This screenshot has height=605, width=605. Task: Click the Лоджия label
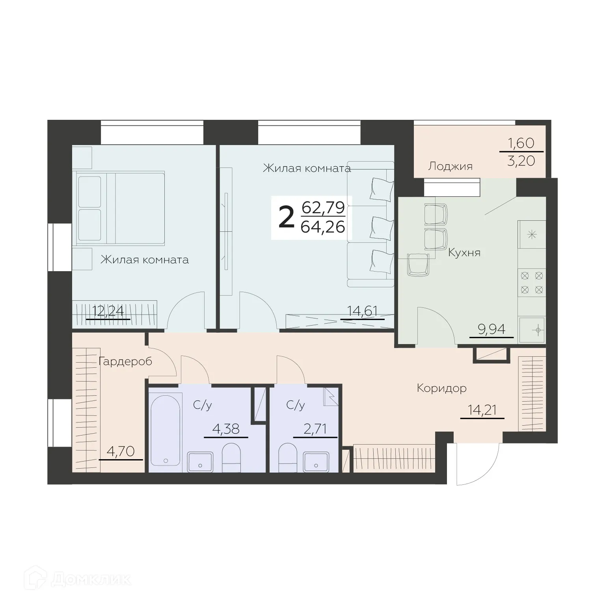(x=450, y=166)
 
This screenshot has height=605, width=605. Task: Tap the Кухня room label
(x=464, y=253)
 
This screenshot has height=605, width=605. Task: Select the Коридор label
(x=441, y=388)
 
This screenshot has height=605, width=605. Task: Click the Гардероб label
(x=125, y=361)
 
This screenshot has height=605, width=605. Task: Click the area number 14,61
(x=362, y=311)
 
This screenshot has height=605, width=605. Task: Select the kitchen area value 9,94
(x=491, y=329)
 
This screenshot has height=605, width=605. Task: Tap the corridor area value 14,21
(x=482, y=410)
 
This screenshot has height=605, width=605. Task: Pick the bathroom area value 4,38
(x=225, y=429)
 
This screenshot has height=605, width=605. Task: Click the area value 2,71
(x=315, y=429)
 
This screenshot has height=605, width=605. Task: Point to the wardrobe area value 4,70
(x=121, y=451)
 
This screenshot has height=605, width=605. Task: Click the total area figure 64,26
(x=322, y=227)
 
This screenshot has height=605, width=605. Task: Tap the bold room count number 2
(x=287, y=218)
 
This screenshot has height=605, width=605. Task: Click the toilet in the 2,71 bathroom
(x=288, y=457)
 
